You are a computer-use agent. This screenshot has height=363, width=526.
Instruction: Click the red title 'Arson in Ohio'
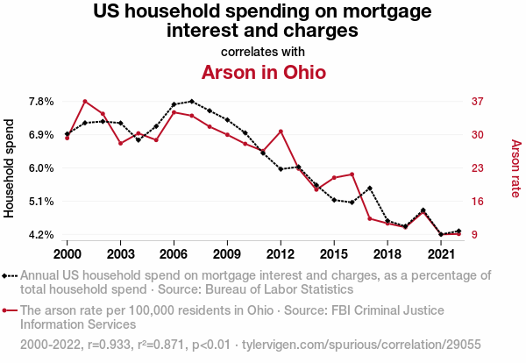point(264,72)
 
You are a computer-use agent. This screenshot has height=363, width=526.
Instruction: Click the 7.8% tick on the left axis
point(41,102)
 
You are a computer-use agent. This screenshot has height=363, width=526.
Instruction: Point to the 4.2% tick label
point(41,235)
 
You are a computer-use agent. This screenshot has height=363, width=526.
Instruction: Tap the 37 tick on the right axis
point(478,102)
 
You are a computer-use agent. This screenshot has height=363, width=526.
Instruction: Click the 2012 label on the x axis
point(281,253)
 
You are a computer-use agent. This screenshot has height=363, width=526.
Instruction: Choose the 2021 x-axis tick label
point(441,253)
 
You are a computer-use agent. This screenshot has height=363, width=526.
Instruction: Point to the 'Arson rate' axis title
point(515,168)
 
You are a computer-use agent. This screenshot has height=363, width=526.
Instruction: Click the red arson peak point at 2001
point(85,102)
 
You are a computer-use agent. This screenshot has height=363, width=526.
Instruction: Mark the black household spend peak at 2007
point(192,102)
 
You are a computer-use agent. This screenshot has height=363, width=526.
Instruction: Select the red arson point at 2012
point(281,132)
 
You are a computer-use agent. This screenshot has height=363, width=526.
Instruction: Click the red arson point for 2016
point(352,174)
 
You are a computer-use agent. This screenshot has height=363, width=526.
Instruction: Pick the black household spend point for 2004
point(139,140)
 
